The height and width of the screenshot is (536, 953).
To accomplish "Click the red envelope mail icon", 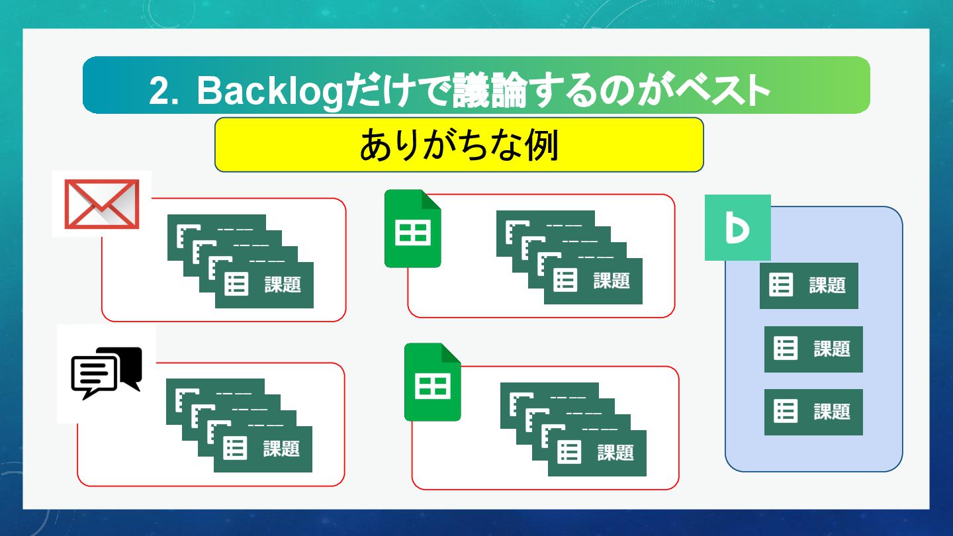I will (101, 204).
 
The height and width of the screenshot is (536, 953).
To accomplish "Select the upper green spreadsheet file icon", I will (413, 229).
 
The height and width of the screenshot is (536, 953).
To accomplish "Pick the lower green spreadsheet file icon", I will (433, 382).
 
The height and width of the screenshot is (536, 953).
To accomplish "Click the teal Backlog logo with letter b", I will (737, 228).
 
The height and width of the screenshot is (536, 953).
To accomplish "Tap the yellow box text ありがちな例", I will (459, 145).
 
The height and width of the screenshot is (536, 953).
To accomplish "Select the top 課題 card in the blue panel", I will (809, 285).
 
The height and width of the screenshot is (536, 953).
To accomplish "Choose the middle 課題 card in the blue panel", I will (813, 349).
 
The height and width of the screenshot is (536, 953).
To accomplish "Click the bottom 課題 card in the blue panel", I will (813, 412).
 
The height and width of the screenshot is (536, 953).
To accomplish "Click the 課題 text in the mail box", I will (283, 285).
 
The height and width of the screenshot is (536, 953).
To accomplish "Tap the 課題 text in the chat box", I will (281, 449).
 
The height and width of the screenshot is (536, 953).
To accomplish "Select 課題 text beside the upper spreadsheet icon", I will (612, 281).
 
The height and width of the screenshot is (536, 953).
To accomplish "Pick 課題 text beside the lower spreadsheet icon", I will (615, 453).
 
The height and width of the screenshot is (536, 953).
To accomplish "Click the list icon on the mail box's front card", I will (236, 285).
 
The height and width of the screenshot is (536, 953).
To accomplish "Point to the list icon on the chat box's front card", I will (235, 449).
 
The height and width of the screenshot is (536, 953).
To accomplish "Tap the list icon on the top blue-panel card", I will (781, 285).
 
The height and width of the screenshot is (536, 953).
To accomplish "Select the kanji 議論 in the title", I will (490, 91).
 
